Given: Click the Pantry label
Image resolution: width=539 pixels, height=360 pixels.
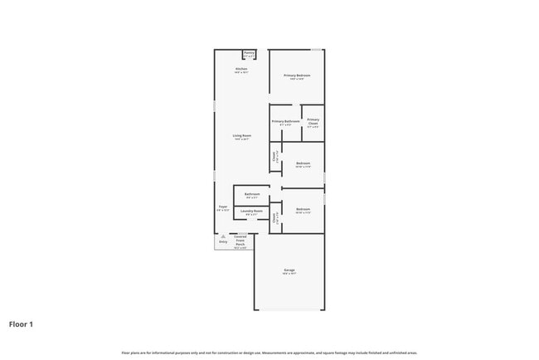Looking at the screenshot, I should tap(249, 51).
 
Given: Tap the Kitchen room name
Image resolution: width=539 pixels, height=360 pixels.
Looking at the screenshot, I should tap(241, 68).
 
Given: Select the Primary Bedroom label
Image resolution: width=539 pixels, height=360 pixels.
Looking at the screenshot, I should tap(297, 75).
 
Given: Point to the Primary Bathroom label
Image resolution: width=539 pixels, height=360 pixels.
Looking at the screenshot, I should tap(285, 121).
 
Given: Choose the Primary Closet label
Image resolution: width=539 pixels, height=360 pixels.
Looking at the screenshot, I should tap(313, 121).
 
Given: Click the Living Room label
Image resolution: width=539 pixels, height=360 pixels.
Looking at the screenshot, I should tap(241, 135).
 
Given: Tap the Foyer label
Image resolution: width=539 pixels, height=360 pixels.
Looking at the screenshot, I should tap(223, 207).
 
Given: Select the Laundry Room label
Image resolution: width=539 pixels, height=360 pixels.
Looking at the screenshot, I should tap(251, 212).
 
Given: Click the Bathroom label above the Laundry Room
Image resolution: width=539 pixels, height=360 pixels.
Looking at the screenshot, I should tap(251, 194).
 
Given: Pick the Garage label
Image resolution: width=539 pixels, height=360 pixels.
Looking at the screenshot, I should tap(289, 270).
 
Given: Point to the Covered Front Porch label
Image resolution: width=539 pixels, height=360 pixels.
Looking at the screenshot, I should tap(240, 241).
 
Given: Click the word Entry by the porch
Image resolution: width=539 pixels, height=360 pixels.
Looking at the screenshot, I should tap(223, 242).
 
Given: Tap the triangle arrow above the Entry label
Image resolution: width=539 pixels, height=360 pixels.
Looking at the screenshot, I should tap(223, 236).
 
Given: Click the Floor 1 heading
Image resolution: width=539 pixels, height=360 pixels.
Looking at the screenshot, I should tap(21, 324).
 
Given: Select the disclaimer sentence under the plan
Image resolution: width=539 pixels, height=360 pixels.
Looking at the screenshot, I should tap(269, 353).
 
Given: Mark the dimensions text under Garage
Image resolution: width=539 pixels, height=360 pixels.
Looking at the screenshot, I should tap(289, 275).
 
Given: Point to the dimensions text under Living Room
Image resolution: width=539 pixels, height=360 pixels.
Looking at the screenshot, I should tap(241, 139).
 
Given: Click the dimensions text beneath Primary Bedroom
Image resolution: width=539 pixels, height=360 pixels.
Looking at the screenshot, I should tap(297, 80).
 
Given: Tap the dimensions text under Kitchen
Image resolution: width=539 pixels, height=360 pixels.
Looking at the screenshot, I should tap(241, 72).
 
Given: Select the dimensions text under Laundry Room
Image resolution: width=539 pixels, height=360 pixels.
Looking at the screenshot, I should tap(251, 216).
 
